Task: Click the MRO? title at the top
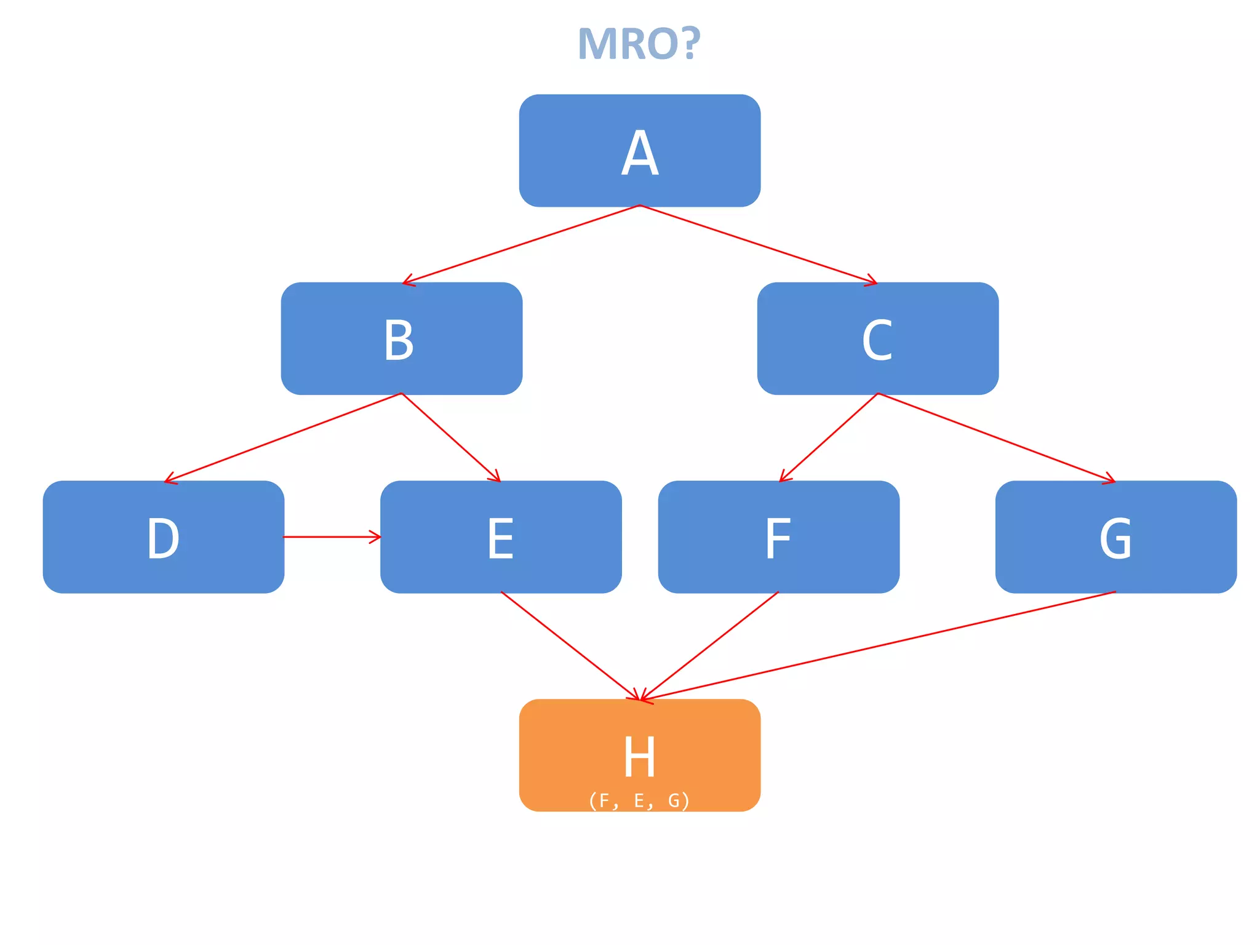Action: (x=639, y=44)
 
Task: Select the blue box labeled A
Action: (x=639, y=151)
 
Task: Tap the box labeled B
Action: (x=401, y=338)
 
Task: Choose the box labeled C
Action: (x=877, y=338)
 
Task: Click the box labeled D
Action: (x=164, y=536)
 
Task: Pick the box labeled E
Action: (x=501, y=536)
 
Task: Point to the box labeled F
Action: (x=778, y=536)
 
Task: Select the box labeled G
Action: (x=1115, y=536)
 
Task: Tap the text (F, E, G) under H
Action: (x=639, y=800)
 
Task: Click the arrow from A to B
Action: (x=522, y=244)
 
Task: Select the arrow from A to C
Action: (x=758, y=244)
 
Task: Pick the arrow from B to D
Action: (x=283, y=437)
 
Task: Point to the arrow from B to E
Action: (x=451, y=437)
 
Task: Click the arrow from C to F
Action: (x=828, y=437)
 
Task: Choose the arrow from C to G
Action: (x=997, y=437)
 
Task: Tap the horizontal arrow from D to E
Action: (x=332, y=537)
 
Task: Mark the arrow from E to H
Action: (x=570, y=646)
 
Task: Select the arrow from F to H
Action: (x=709, y=646)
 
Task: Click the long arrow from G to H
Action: (x=878, y=646)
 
